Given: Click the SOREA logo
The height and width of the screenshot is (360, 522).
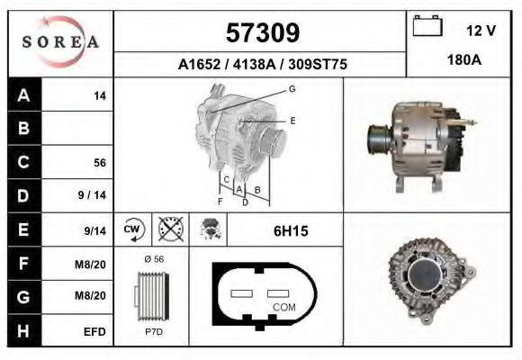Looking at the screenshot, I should pos(60,42).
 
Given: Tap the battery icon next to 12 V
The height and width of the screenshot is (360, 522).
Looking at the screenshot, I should pos(426,27).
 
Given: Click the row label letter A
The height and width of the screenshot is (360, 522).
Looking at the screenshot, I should pos(23,95).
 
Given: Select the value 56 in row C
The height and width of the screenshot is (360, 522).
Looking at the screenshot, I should pos(100,163).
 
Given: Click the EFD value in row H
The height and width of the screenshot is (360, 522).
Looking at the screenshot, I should pos(95,331).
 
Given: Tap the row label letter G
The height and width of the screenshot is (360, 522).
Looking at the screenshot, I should pos(23,297).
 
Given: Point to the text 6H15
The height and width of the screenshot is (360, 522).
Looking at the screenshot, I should pos(291,231).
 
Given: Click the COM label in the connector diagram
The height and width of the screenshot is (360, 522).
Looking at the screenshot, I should pos(283,307).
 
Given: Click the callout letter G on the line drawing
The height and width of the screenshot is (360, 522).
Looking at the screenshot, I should pos(292,88).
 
